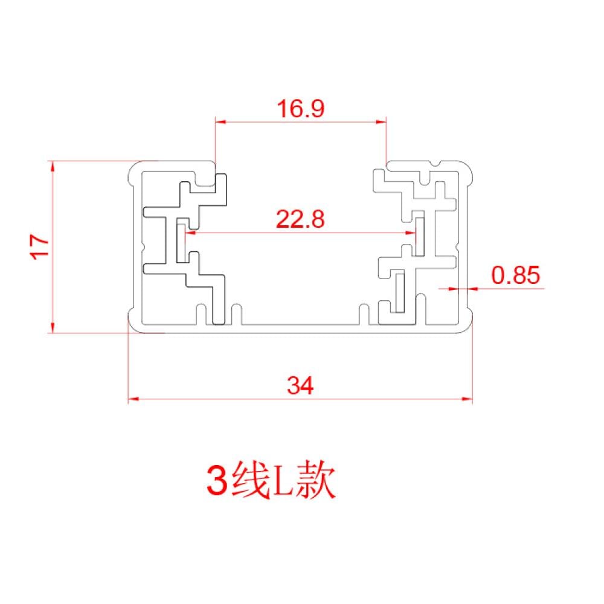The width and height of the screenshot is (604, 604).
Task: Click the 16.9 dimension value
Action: (301, 109)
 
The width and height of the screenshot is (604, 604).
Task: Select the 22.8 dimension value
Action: (301, 219)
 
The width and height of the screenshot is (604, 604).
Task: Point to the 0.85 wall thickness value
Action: (515, 275)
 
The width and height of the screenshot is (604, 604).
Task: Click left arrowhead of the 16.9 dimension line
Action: (221, 122)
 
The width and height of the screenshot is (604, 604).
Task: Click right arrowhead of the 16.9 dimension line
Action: (382, 122)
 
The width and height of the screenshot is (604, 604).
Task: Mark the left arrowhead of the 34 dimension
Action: (133, 399)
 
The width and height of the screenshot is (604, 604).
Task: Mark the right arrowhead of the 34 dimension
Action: (467, 399)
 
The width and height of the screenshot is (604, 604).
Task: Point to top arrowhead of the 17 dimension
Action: (53, 166)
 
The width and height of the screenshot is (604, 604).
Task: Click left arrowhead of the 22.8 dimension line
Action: (190, 232)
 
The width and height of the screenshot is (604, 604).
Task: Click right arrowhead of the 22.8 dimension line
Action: (413, 232)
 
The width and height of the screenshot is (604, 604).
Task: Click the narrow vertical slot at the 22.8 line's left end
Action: (179, 242)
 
